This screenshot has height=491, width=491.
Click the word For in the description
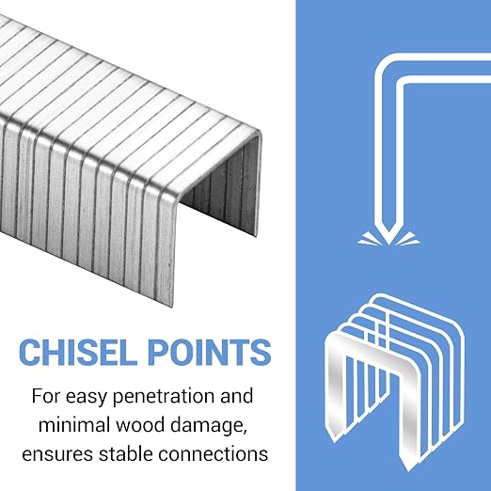(x=45, y=396)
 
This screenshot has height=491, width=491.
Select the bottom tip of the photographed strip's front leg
(x=172, y=305)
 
